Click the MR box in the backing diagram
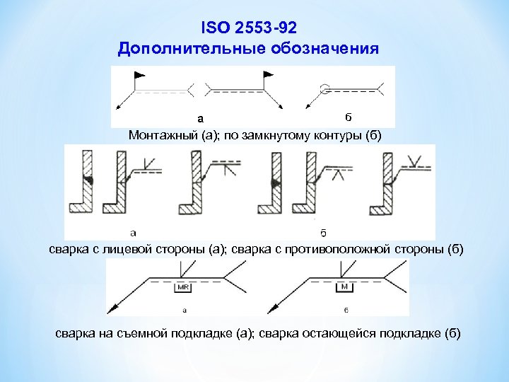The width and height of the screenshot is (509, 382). [183, 288]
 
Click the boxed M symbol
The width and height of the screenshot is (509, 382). [344, 287]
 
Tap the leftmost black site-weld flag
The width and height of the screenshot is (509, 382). [140, 74]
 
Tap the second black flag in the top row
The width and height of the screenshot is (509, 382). [268, 74]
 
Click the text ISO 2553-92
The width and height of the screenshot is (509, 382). [249, 28]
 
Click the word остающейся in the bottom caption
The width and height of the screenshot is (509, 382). [340, 334]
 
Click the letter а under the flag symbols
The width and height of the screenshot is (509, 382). [200, 117]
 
